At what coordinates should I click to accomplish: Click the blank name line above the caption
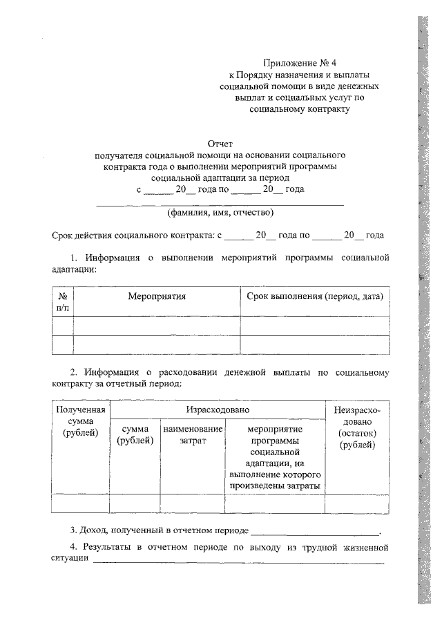coord(220,204)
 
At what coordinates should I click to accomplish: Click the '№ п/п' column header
coord(62,302)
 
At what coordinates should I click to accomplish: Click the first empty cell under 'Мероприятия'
coord(157,325)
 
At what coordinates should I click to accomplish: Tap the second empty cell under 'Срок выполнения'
coord(314,345)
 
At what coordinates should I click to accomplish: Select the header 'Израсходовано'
coord(217,410)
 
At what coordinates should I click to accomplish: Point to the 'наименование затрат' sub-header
coord(193,434)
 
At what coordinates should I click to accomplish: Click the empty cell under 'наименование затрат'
coord(193,503)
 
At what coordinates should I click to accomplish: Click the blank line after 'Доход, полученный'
coord(315,533)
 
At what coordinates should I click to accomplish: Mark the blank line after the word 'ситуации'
coord(238,563)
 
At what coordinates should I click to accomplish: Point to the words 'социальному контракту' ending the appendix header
coord(299,108)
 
